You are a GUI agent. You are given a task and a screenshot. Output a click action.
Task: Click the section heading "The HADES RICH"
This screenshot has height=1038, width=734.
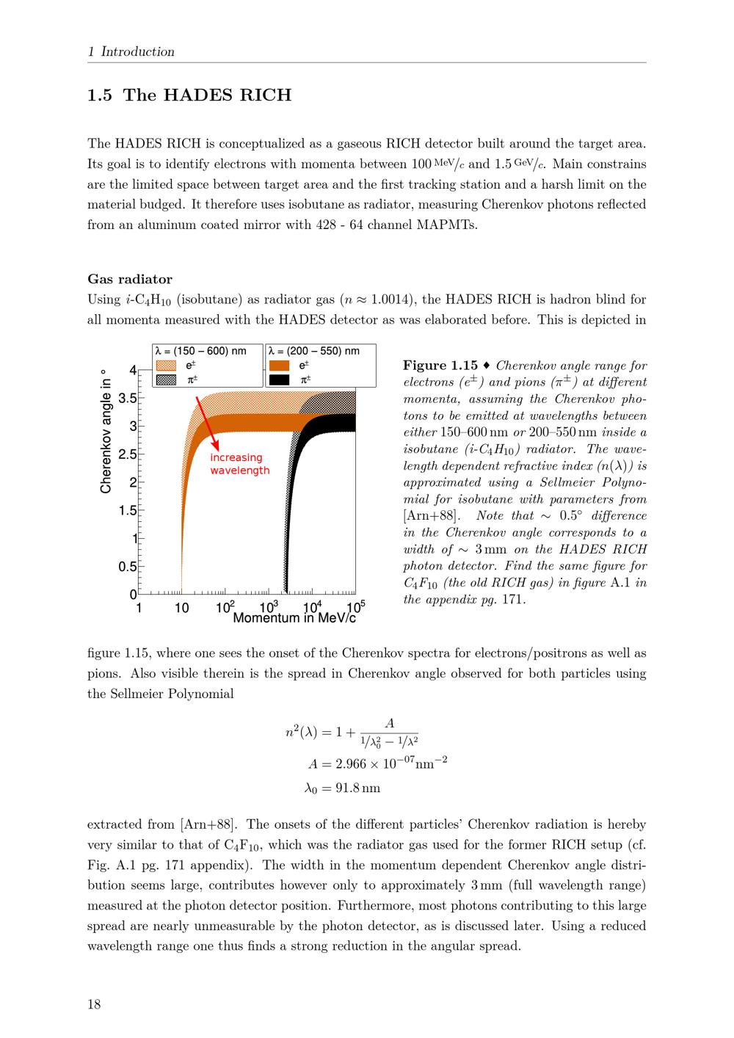click(207, 95)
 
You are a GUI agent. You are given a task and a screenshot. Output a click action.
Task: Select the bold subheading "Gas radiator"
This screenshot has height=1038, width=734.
click(130, 279)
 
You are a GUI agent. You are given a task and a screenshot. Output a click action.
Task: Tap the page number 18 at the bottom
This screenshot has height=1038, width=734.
click(94, 1004)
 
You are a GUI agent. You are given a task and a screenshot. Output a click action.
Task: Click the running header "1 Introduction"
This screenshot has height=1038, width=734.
click(131, 51)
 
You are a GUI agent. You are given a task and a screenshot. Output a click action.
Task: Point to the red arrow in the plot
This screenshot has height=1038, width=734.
click(207, 423)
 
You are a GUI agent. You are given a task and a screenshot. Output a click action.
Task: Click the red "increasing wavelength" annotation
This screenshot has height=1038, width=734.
click(239, 464)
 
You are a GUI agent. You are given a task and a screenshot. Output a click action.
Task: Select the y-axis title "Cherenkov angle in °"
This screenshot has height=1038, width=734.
click(106, 431)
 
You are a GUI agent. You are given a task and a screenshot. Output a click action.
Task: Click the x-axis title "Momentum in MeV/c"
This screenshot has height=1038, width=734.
click(294, 617)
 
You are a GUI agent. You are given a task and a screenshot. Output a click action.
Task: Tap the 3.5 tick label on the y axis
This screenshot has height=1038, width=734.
click(127, 399)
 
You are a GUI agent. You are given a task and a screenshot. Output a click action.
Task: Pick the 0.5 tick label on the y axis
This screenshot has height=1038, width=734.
click(127, 567)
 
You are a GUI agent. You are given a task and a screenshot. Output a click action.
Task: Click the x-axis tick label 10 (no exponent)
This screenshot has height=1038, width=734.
click(181, 608)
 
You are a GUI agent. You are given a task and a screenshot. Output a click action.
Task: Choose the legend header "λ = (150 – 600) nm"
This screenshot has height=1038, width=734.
click(201, 351)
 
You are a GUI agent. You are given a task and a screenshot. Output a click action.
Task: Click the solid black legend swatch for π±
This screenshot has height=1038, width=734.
click(279, 380)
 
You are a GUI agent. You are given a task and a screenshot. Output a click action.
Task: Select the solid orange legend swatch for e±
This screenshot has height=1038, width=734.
click(279, 366)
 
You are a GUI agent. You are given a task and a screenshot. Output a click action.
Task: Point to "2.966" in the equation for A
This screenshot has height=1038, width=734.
click(351, 763)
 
